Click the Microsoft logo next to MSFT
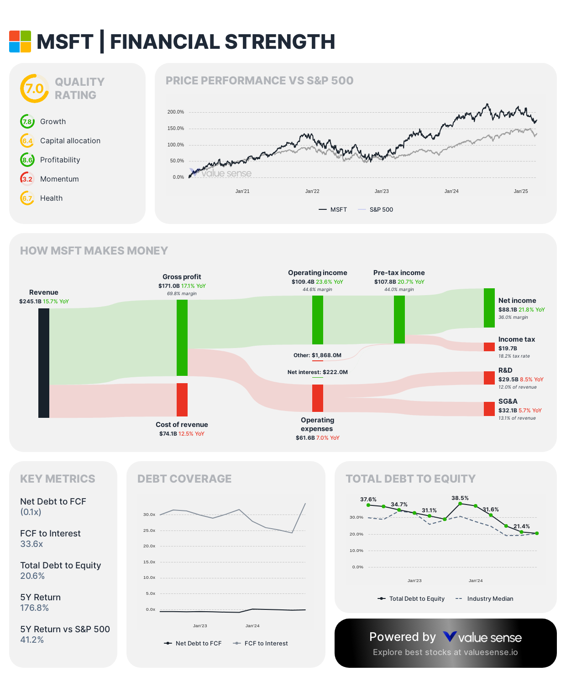coord(20,42)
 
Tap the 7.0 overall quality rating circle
coord(34,88)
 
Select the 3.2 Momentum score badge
coord(27,179)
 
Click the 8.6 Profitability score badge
coord(27,160)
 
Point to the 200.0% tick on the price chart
coord(176,112)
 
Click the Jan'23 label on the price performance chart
coord(382,191)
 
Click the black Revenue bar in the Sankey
coord(44,363)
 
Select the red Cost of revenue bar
coord(182,400)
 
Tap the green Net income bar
coord(489,308)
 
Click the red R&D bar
coord(489,378)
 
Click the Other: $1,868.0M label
coord(317,355)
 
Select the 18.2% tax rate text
coord(514,356)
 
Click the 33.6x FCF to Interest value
coord(31,544)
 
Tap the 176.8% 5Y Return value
coord(34,608)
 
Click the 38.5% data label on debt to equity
coord(460,498)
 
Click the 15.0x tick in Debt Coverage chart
coord(149,562)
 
